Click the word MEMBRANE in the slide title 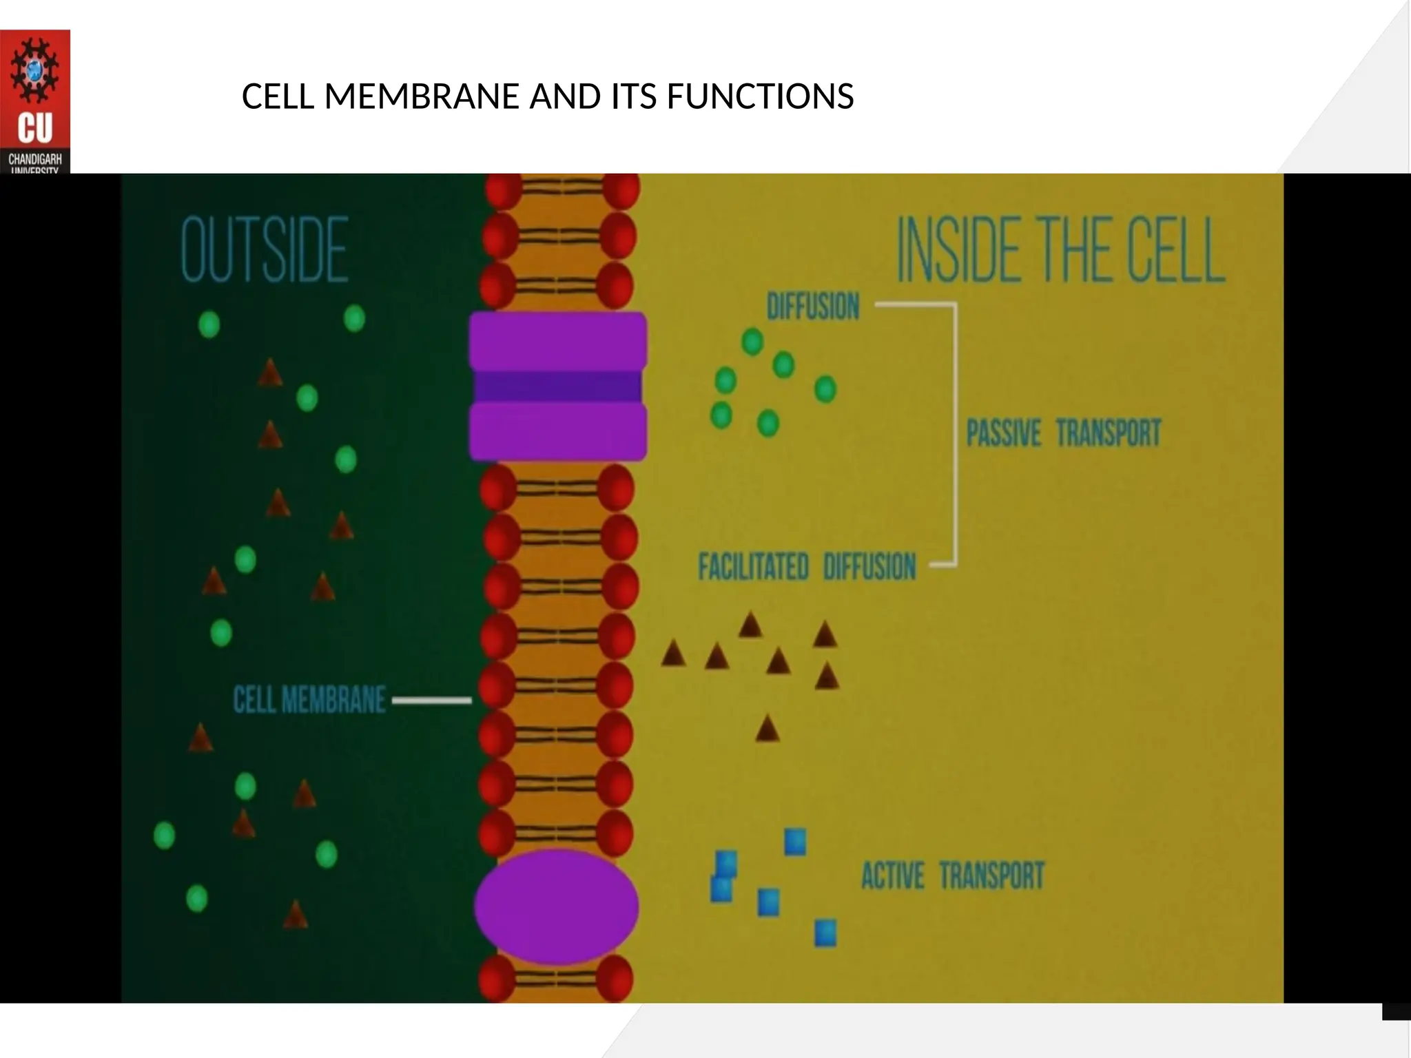coord(422,96)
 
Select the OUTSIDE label coord(265,249)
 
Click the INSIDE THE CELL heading coord(1060,249)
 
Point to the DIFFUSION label coord(813,307)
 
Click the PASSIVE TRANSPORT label coord(1063,433)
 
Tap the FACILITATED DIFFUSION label coord(807,567)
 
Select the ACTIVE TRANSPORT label coord(953,876)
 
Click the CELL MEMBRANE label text coord(309,701)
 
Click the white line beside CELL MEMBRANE coord(432,701)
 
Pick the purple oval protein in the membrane coord(557,906)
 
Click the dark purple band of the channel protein coord(557,386)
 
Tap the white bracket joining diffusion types coord(954,434)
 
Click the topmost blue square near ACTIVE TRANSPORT coord(795,842)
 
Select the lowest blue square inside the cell coord(825,933)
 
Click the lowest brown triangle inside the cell coord(767,729)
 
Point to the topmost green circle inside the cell coord(752,342)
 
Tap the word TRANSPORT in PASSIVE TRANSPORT coord(1109,433)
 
